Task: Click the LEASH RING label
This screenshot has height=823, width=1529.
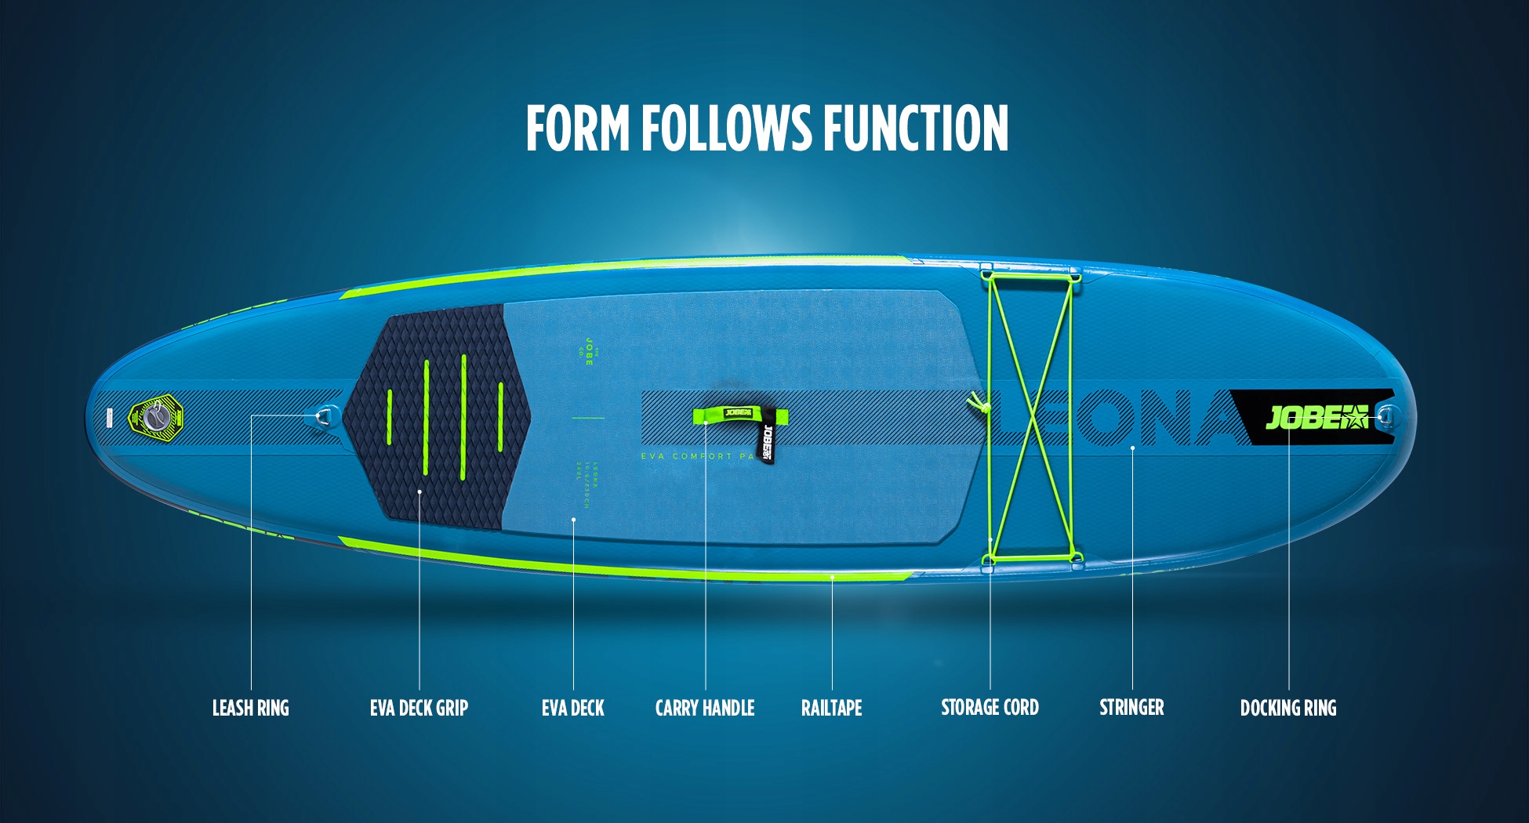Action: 250,708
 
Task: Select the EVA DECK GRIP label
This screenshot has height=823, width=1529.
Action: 419,708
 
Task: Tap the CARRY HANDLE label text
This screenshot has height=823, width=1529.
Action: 704,708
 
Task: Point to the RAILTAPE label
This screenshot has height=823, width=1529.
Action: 831,708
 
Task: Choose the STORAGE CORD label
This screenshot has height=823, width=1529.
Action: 990,707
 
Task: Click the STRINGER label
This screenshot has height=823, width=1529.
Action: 1131,707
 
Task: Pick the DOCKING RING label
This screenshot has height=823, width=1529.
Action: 1287,708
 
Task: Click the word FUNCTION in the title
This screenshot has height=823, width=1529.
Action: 916,128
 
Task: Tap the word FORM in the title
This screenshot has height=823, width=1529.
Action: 578,128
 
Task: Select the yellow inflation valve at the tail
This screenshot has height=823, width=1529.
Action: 155,416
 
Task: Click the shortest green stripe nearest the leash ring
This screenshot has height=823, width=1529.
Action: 389,416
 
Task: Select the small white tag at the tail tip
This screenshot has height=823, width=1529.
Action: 110,418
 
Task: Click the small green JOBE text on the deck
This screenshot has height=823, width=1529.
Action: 589,350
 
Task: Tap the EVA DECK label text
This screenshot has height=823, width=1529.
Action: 572,708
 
